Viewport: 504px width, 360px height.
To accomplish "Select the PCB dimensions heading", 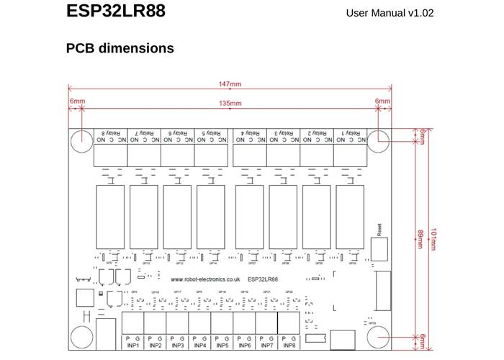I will point(120,48).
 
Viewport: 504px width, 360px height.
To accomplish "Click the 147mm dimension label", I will point(230,85).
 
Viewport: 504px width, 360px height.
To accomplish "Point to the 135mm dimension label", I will point(230,103).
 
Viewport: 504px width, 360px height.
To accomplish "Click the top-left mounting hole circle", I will point(81,141).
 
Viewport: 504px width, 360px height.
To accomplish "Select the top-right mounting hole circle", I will point(379,141).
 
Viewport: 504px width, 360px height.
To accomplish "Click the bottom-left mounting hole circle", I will point(81,337).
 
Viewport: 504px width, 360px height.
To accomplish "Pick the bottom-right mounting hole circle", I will point(379,337).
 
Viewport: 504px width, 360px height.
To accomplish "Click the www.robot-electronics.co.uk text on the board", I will point(205,279).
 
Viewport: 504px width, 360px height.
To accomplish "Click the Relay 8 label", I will point(109,133).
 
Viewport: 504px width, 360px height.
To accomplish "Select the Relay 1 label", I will point(347,133).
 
